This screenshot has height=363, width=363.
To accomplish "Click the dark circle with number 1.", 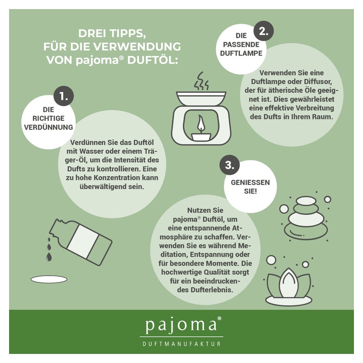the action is click(64, 96).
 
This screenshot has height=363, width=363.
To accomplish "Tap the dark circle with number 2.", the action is click(264, 31).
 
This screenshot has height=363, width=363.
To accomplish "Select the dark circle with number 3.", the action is click(229, 165).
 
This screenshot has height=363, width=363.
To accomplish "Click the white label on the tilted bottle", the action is click(83, 242).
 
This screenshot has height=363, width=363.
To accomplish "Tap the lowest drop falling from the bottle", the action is click(49, 257).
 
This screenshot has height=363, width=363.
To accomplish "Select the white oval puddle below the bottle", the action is click(49, 279).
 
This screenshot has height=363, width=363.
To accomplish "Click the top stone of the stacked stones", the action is click(306, 201).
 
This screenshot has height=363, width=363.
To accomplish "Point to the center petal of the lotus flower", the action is click(289, 283).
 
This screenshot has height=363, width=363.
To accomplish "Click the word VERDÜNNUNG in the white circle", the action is click(48, 127).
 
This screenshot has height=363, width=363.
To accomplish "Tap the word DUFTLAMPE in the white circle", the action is click(241, 53).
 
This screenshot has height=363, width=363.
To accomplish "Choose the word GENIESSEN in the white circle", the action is click(250, 182).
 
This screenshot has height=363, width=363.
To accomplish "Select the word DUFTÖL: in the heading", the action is click(153, 60).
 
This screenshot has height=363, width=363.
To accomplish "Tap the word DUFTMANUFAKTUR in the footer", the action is click(181, 344).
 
